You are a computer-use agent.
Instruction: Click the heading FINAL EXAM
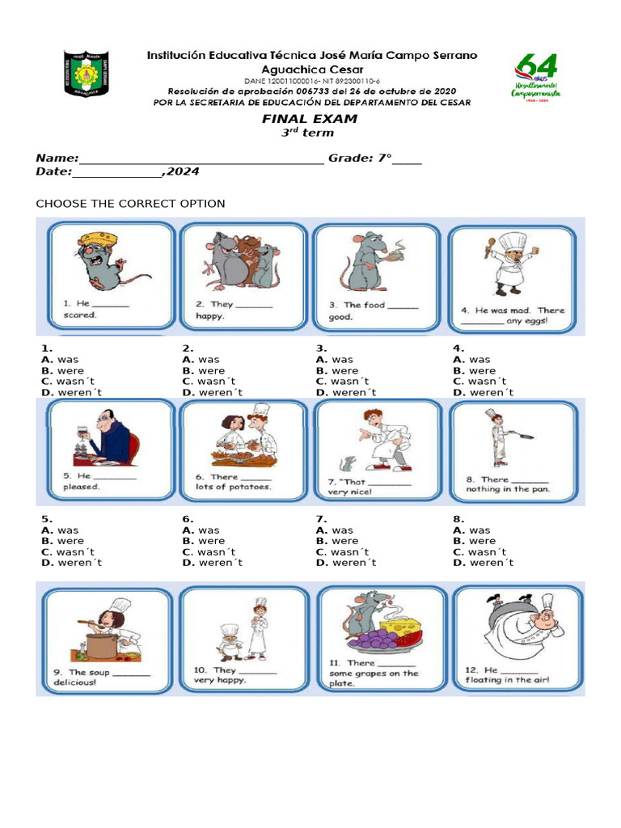point(309,119)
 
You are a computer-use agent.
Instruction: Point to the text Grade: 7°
point(360,158)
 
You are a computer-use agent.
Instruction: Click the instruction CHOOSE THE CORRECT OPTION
point(130,204)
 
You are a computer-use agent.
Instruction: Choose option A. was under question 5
point(61,530)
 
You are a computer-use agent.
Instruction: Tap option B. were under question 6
point(204,541)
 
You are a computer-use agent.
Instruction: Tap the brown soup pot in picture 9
point(101,646)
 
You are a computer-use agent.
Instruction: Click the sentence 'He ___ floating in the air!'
point(507,675)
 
